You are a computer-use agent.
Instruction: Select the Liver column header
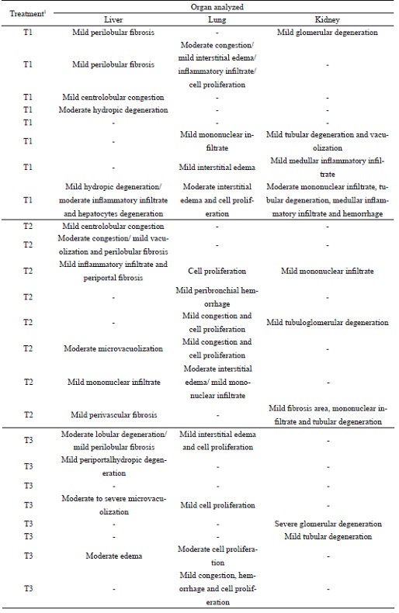pyautogui.click(x=113, y=19)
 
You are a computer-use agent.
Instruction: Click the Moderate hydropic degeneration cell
pyautogui.click(x=113, y=110)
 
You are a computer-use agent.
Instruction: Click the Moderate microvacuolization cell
pyautogui.click(x=113, y=348)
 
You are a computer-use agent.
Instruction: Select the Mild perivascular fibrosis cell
pyautogui.click(x=113, y=415)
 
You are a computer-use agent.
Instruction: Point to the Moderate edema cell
pyautogui.click(x=113, y=556)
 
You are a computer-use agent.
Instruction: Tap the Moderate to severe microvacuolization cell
pyautogui.click(x=113, y=505)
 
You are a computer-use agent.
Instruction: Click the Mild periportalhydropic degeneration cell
pyautogui.click(x=113, y=467)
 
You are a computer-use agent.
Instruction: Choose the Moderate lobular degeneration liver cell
pyautogui.click(x=113, y=441)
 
